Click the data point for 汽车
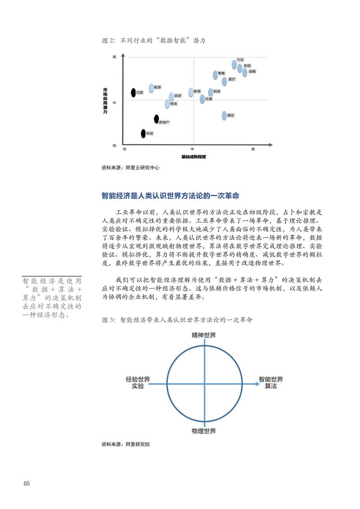pyautogui.click(x=234, y=64)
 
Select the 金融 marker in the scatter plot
pyautogui.click(x=245, y=72)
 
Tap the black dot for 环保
pyautogui.click(x=143, y=133)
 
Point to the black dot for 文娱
pyautogui.click(x=133, y=93)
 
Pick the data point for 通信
pyautogui.click(x=224, y=116)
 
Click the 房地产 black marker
pyautogui.click(x=156, y=119)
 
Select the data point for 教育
pyautogui.click(x=191, y=92)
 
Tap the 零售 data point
pyautogui.click(x=215, y=74)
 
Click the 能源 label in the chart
pyautogui.click(x=157, y=87)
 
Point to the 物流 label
pyautogui.click(x=174, y=104)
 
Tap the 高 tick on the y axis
pyautogui.click(x=115, y=57)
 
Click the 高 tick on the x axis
pyautogui.click(x=253, y=149)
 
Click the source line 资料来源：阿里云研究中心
pyautogui.click(x=130, y=167)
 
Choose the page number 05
pyautogui.click(x=27, y=484)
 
